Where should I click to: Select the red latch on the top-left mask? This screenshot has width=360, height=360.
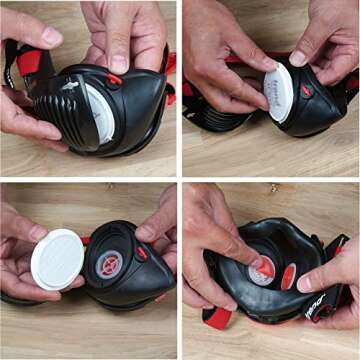pyautogui.click(x=114, y=79)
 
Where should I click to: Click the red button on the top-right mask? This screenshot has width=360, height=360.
pyautogui.click(x=307, y=91)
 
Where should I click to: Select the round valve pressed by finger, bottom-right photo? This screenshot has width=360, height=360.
pyautogui.click(x=260, y=270)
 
